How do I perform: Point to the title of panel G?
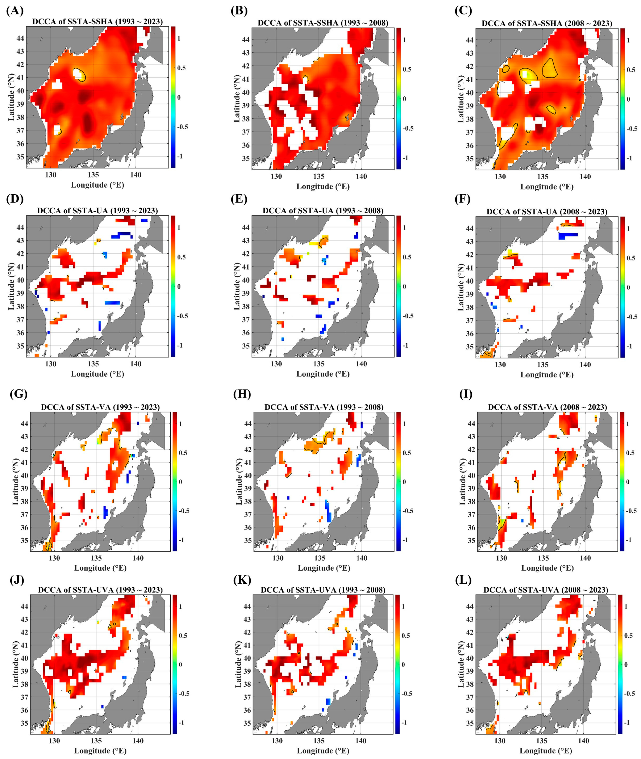[100, 407]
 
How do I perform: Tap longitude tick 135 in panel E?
[319, 364]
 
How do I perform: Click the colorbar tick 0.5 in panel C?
[631, 70]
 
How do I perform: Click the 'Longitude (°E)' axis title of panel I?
[547, 568]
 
